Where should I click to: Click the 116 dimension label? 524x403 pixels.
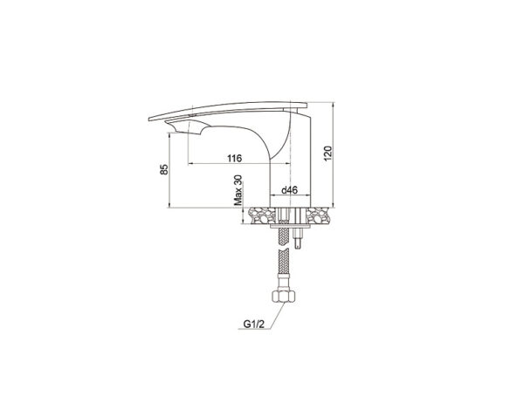tap(234, 158)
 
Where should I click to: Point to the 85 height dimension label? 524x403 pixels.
tap(164, 169)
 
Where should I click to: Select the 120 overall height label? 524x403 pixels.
tap(327, 154)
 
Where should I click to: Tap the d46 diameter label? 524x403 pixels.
tap(289, 190)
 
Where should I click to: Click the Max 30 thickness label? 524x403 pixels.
tap(238, 189)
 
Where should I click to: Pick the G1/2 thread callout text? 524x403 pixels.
tap(253, 324)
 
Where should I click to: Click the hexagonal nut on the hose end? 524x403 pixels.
tap(283, 296)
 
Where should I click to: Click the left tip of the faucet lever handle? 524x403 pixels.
tap(149, 119)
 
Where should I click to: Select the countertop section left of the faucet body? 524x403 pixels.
tap(262, 215)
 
